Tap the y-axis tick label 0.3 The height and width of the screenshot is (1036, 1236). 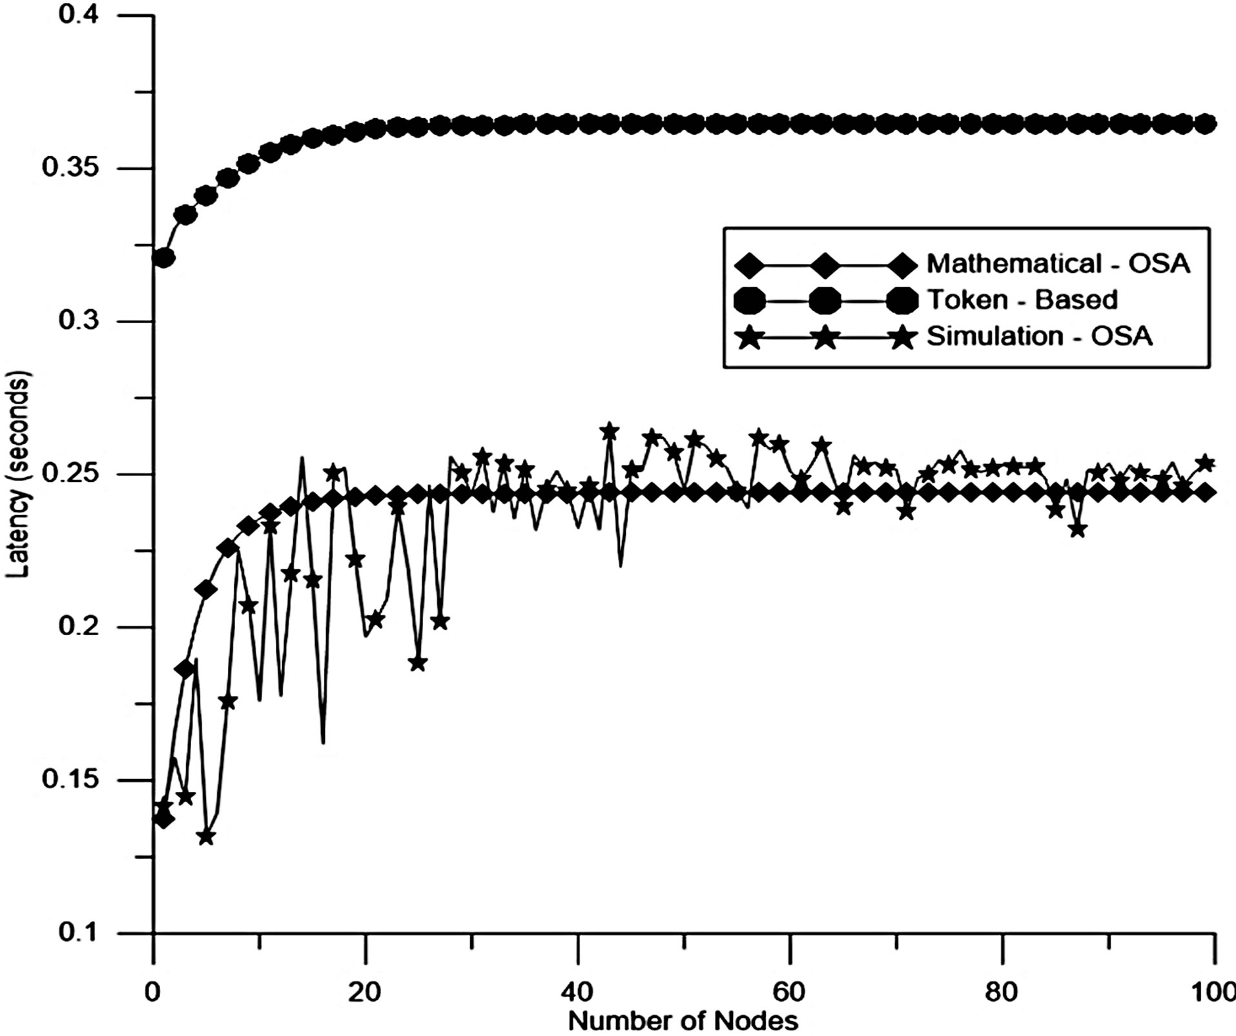(x=79, y=321)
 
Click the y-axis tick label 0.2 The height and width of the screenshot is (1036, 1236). (x=79, y=627)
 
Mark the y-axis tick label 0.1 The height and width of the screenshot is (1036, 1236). (x=79, y=933)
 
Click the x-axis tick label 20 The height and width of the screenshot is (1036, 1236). (x=366, y=991)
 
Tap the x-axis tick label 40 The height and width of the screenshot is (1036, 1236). (x=578, y=991)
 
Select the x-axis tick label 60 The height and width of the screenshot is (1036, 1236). (x=790, y=991)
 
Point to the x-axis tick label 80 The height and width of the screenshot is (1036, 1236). (x=1002, y=991)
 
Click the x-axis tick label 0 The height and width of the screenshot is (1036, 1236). (x=152, y=991)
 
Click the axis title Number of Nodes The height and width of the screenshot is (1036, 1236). (x=683, y=1021)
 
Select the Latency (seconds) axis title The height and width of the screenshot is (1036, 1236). (x=17, y=474)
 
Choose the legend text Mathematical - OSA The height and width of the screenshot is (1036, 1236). (x=1058, y=263)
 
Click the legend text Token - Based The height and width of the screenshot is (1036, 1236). (x=1022, y=300)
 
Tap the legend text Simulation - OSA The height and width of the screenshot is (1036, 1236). (x=1040, y=336)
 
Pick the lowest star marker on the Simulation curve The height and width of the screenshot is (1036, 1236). (x=206, y=837)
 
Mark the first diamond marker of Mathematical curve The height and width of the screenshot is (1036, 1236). (x=164, y=819)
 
